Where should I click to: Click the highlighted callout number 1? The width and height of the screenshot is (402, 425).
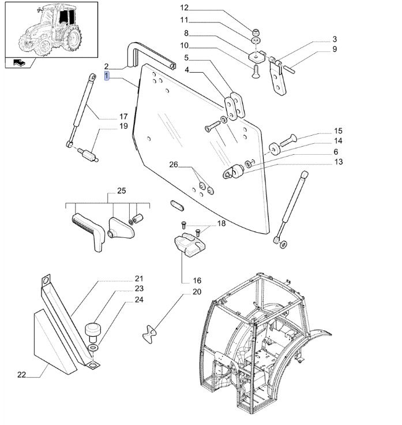(x=107, y=76)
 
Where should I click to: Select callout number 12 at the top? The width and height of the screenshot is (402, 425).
(x=184, y=8)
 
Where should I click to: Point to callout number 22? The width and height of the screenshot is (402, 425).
(x=22, y=375)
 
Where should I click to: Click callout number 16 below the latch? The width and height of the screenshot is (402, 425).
(x=181, y=280)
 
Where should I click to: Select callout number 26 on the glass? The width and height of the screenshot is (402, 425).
(x=173, y=165)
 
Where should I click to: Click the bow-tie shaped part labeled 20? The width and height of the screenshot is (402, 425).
(x=151, y=334)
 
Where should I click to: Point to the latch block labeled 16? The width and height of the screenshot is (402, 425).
(x=190, y=243)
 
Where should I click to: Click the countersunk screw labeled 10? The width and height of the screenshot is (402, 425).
(x=254, y=72)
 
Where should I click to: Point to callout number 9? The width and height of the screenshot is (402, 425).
(x=334, y=50)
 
